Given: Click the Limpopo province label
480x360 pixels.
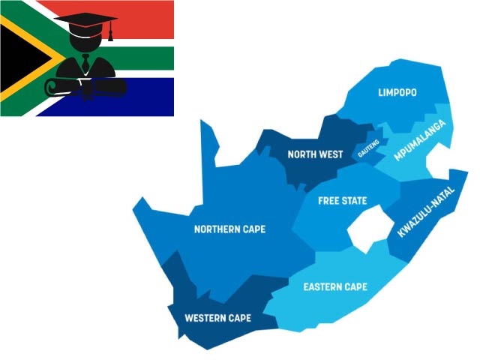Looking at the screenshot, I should tap(397, 92).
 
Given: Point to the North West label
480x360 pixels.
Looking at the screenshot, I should tap(315, 154).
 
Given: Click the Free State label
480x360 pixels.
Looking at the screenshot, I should tap(342, 201).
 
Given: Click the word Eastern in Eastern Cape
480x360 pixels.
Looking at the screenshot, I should tap(321, 287).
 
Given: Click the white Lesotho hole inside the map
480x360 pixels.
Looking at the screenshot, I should tap(365, 231).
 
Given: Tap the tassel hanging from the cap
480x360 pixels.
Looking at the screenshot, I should tap(110, 33).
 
